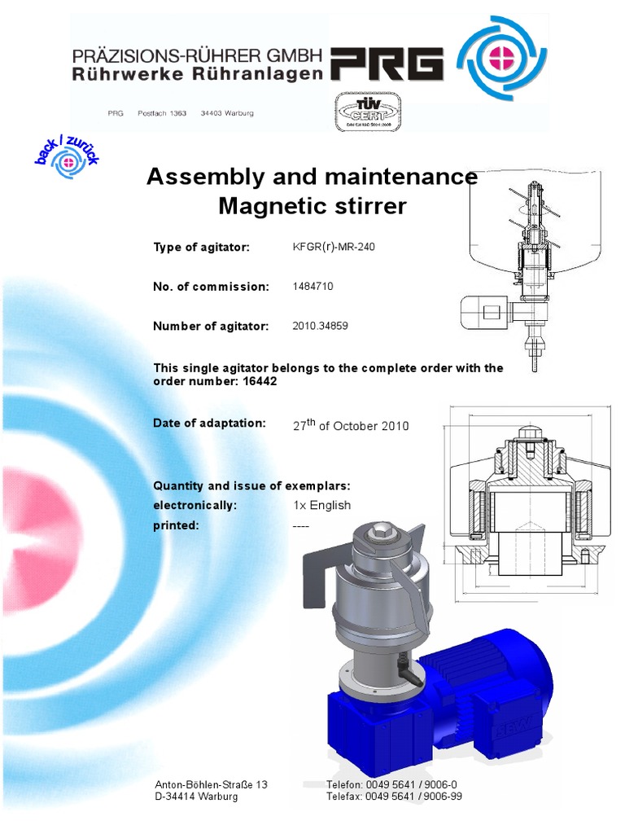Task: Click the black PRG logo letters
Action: (387, 64)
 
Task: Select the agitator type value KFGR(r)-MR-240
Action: (334, 247)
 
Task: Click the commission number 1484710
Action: (312, 287)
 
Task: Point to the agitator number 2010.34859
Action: (320, 326)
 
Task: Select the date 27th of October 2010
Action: (350, 425)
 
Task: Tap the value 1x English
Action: (321, 505)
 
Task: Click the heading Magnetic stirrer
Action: (312, 206)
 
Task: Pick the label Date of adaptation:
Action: (210, 423)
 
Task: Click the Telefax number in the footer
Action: (394, 797)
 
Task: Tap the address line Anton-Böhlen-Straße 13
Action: (212, 784)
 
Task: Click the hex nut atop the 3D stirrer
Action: (382, 534)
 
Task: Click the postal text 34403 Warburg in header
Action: (227, 113)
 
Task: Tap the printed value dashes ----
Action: (300, 525)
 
